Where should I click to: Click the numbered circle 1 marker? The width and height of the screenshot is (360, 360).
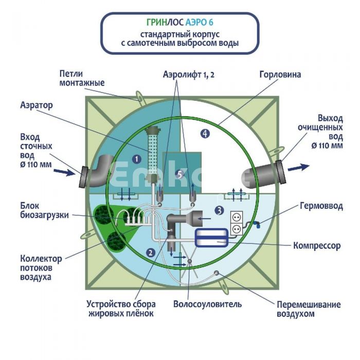[x=137, y=159]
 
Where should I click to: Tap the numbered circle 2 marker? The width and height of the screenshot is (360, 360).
[x=150, y=252]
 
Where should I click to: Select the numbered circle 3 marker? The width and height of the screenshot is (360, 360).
[x=219, y=210]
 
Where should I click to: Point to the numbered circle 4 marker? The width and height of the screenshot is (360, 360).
[x=205, y=134]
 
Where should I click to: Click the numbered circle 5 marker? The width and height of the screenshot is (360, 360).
[x=178, y=174]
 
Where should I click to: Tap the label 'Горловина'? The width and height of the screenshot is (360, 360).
[x=280, y=75]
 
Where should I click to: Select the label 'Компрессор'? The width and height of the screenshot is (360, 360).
[x=317, y=246]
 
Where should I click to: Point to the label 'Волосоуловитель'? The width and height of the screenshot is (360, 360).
[x=207, y=304]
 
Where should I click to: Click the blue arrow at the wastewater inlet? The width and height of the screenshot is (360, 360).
[x=63, y=172]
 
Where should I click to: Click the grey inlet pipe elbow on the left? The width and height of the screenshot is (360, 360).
[x=98, y=169]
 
